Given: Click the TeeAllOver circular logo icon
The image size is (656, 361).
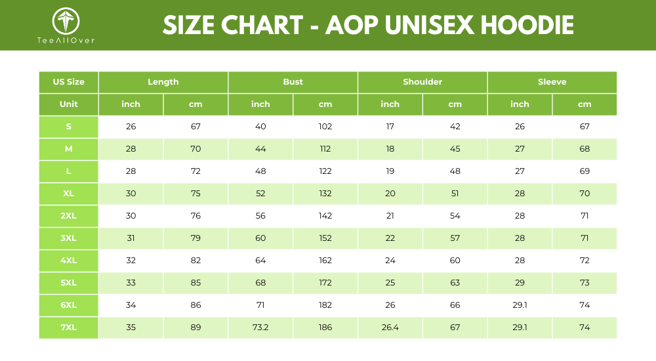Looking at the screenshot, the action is tap(66, 21).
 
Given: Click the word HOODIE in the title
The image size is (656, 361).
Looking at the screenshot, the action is tap(527, 25).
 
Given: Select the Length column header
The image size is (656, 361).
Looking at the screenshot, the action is tap(163, 82).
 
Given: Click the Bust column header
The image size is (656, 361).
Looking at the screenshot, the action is tap(293, 82).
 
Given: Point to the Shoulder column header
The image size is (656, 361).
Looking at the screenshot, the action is tap(422, 82).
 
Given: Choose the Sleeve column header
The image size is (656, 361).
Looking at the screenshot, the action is tap(552, 82).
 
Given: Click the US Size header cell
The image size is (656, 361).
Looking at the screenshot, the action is tap(69, 82).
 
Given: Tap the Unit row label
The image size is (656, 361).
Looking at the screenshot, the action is tap(69, 104).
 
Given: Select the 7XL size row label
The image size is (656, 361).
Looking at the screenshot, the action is tap(69, 328).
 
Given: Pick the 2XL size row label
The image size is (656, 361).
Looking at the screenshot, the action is tap(69, 216).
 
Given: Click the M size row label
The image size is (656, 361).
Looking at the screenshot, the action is tap(69, 149).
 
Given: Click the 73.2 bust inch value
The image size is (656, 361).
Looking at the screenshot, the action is tap(260, 328).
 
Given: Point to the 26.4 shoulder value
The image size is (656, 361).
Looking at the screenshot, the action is tap(390, 328).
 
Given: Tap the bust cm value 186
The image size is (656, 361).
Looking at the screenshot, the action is tap(325, 328).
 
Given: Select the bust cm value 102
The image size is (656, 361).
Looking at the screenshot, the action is tap(325, 127).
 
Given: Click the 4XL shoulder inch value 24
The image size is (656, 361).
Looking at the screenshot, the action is tap(390, 261).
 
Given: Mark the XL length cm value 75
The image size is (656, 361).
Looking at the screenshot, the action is tap(195, 194).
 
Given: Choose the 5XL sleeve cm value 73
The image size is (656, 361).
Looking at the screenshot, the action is tap(584, 283).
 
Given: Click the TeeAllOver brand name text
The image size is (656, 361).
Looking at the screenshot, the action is tap(66, 40).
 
